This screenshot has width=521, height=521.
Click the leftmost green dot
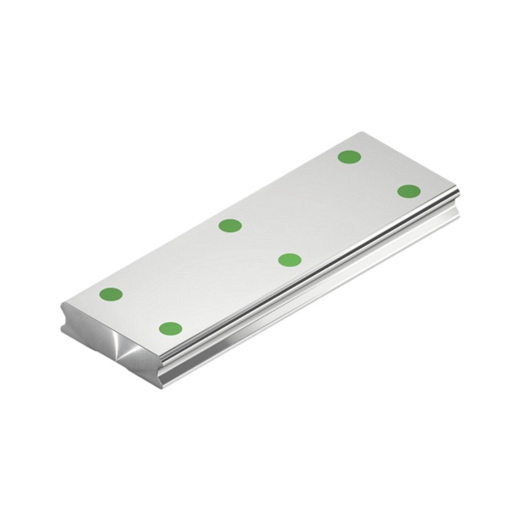click(x=111, y=294)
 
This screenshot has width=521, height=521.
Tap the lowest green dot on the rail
click(x=170, y=329)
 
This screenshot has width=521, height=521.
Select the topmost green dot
click(x=349, y=157)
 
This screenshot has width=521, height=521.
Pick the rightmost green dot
click(x=409, y=192)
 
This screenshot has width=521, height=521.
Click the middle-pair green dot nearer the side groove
click(x=289, y=260)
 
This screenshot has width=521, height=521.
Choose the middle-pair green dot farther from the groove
click(x=230, y=225)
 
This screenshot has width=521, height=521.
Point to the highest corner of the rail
click(x=362, y=133)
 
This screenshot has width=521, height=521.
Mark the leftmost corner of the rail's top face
click(x=63, y=304)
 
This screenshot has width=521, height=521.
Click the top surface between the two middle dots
click(x=260, y=243)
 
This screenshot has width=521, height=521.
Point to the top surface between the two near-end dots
click(x=140, y=312)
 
